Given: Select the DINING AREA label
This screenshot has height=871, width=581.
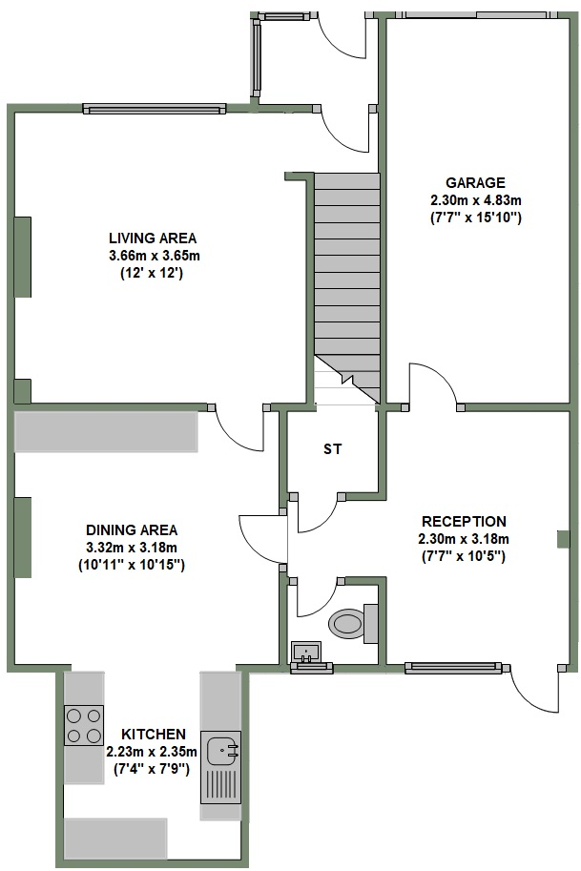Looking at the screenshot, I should coord(132,529).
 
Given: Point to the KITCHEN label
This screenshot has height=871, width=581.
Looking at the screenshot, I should coord(153,734).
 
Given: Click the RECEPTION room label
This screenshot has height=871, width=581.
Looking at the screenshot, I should coord(464,521).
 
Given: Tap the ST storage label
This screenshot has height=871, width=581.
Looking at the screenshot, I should coord(332,447).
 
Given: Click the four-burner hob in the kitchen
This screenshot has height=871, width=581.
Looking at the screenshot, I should coord(83,724).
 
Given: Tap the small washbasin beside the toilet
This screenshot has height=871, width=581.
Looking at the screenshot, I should coord(306,653).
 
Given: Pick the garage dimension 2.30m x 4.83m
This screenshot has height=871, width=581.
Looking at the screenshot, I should coord(475,200).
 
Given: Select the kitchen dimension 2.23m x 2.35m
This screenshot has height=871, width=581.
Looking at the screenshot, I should coord(153,751).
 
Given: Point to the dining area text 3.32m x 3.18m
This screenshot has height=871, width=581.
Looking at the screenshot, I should coord(132,547).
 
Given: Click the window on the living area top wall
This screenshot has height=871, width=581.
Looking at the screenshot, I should coord(154,107).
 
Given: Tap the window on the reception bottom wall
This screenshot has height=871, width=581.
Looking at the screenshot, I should coord(452,667).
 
